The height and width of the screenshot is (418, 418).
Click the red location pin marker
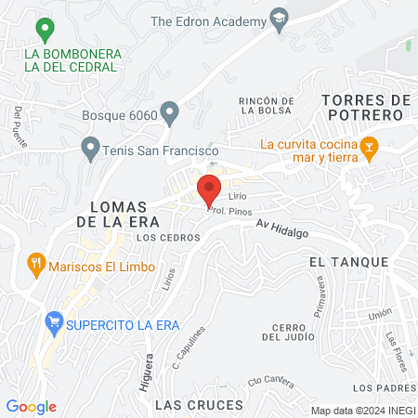coord(209,189)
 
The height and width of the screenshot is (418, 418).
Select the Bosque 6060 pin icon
coord(169,113)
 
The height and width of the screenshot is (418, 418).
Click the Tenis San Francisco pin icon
coord(90,147)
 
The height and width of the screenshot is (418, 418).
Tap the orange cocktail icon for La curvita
coord(370,149)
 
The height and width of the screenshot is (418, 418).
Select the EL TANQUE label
coord(348,263)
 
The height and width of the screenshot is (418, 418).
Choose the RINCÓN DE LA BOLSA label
coord(268,105)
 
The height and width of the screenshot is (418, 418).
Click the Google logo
coord(31,407)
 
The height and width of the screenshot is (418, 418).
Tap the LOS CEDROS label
coord(167,238)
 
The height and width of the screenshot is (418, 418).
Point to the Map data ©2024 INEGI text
coord(360,411)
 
